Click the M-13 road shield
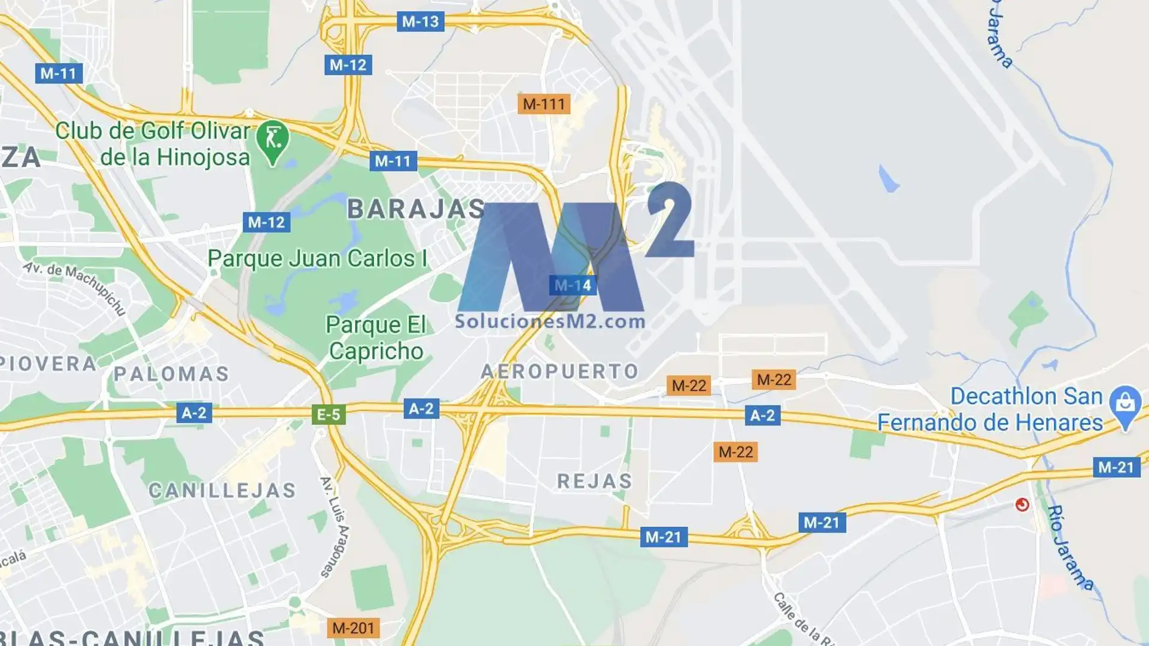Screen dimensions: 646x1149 pos(420,22)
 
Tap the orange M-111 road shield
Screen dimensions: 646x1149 pos(543,104)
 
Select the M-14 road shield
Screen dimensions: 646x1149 pos(573,285)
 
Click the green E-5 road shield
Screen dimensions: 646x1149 pos(329,415)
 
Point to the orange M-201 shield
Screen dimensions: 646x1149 pos(353,628)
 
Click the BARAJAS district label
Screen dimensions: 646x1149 pos(416,209)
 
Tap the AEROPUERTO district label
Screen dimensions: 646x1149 pos(560,371)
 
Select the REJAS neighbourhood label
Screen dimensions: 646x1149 pos(595,482)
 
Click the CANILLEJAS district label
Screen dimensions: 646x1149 pos(222,491)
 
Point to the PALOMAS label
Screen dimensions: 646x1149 pos(172,374)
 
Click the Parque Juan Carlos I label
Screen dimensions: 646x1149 pos(317,259)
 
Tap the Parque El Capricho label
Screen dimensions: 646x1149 pos(376,338)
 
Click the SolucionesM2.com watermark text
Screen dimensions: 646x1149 pos(550,322)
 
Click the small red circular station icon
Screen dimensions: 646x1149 pos(1022,505)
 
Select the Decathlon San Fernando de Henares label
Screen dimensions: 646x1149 pos(990,410)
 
